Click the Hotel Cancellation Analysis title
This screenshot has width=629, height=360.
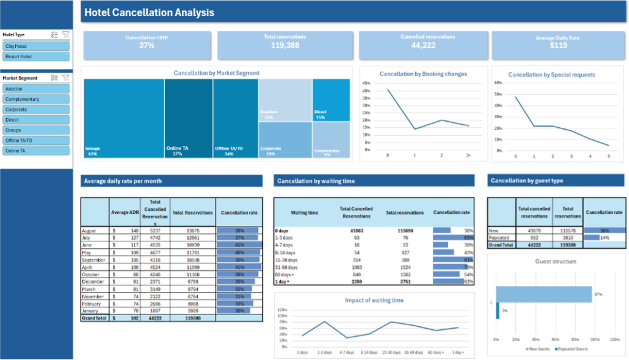click(149, 12)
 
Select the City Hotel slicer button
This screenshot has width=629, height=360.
click(36, 46)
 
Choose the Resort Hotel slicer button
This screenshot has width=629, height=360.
click(36, 57)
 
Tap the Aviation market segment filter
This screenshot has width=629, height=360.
click(36, 89)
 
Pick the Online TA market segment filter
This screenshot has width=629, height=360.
click(36, 151)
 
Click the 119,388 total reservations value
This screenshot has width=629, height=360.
click(284, 45)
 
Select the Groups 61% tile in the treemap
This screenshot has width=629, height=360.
click(123, 117)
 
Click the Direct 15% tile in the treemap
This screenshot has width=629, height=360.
click(331, 98)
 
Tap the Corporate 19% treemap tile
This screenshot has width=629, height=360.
click(285, 140)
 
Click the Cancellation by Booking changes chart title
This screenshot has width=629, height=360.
click(423, 74)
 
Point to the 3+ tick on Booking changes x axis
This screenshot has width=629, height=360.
click(468, 156)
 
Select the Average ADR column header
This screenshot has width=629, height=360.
click(125, 213)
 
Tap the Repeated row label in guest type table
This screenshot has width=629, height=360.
click(499, 237)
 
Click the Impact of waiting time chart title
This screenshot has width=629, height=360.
click(374, 300)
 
